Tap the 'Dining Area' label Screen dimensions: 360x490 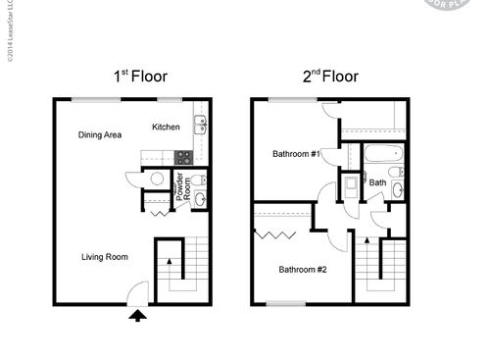[100, 134]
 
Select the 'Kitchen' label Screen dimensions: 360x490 [166, 127]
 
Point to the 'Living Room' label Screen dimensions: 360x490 [105, 257]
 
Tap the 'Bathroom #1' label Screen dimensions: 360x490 [297, 154]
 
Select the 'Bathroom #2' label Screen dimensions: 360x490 [303, 269]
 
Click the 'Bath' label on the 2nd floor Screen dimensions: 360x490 [377, 182]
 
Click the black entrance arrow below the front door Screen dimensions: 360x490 [138, 315]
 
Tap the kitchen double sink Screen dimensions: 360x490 [199, 124]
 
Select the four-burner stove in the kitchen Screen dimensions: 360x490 [181, 156]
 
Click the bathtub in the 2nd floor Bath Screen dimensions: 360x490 [380, 154]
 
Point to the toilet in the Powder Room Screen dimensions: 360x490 [197, 180]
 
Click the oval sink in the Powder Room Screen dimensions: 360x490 [199, 199]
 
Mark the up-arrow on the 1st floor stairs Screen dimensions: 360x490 [172, 262]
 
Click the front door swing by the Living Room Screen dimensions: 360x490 [138, 291]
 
